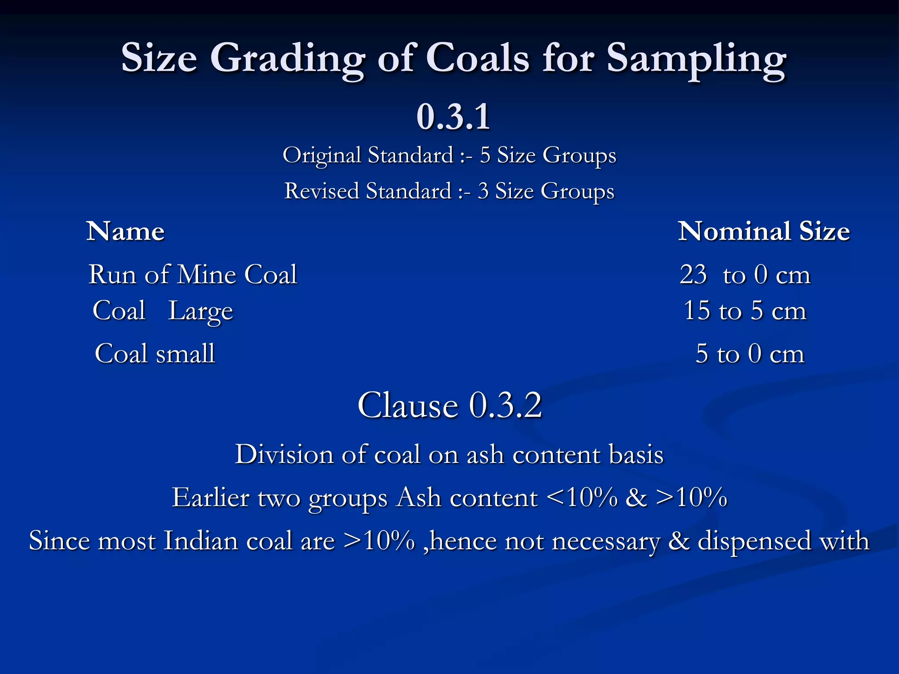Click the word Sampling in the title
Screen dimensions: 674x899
point(696,59)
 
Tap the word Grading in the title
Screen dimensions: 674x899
point(287,59)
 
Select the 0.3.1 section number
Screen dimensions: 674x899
point(453,117)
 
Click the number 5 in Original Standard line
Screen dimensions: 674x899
point(485,155)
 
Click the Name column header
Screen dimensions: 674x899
point(126,231)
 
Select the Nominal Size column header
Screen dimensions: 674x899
point(764,231)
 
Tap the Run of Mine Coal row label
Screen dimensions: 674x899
point(193,275)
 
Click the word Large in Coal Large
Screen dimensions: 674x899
point(201,311)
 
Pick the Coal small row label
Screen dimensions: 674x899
point(155,354)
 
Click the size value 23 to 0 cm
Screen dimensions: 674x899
point(745,275)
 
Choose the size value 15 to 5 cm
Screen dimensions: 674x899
point(745,311)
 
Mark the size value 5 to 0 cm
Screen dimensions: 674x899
point(750,354)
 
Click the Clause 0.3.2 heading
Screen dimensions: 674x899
point(449,405)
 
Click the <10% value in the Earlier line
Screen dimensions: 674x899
point(583,498)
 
